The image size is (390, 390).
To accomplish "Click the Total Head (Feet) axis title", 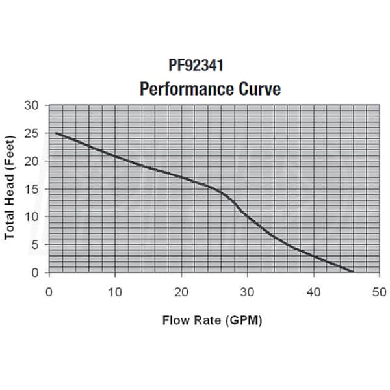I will pos(10,189).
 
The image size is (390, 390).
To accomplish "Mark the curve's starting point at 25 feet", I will pos(56,133).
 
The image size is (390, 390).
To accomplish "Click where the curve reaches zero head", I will pos(353,272).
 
